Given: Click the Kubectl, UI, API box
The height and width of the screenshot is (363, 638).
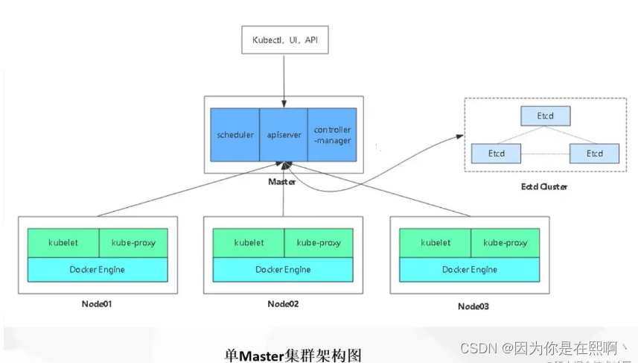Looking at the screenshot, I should (284, 40).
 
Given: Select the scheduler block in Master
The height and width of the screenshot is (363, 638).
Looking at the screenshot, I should (235, 135).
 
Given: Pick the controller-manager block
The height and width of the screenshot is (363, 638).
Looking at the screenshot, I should (332, 135).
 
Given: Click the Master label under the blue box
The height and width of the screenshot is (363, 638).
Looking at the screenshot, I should (283, 182).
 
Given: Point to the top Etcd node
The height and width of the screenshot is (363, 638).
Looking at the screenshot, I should (545, 116).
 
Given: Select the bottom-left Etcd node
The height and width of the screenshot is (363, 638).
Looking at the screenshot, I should (497, 154).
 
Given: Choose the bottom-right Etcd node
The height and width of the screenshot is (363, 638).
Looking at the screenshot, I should (594, 154).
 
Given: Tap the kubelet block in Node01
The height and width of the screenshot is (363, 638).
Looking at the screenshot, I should (63, 243).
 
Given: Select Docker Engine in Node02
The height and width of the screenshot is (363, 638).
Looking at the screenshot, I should (283, 269).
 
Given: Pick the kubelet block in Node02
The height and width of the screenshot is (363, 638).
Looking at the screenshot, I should (249, 243).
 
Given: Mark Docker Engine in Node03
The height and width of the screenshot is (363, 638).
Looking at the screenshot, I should (469, 269).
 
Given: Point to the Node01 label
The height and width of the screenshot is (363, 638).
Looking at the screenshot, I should (97, 304).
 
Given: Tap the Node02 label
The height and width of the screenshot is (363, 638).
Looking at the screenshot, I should (283, 304).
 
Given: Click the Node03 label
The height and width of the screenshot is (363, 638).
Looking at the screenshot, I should (473, 306).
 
